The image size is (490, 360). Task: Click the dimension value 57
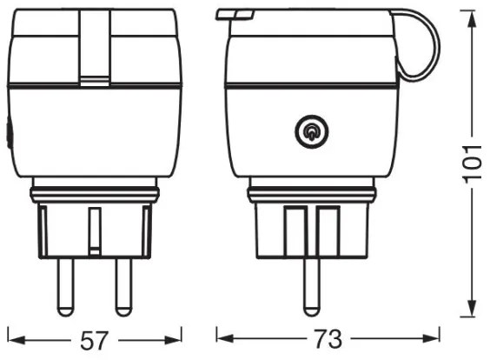94,340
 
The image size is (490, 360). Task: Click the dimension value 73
328,339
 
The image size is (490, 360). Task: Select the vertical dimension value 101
472,163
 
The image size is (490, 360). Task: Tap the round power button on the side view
312,131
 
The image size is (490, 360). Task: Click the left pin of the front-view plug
66,287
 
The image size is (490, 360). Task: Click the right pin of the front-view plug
123,287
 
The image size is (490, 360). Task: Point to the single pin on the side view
312,287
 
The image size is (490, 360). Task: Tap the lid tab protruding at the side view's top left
235,15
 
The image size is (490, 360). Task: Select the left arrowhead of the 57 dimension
17,340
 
